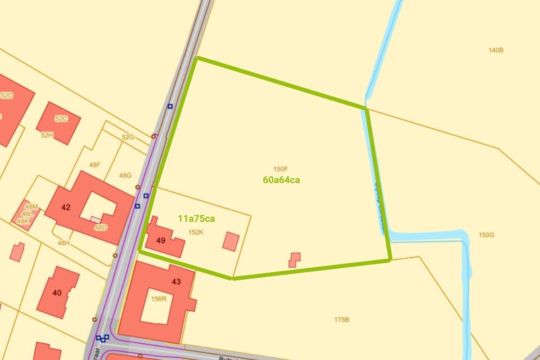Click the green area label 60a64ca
[281, 180]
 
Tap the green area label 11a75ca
[196, 219]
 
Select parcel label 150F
[280, 169]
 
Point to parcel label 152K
[196, 232]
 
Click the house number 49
[161, 240]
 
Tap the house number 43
[176, 282]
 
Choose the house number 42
[66, 207]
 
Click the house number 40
[57, 293]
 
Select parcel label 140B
[495, 50]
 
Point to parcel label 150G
[486, 235]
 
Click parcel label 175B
[342, 319]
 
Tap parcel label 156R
[159, 298]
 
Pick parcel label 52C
[61, 118]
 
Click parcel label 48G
[125, 175]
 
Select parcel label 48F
[94, 165]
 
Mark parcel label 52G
[128, 137]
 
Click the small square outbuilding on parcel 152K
[231, 241]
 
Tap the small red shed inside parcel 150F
[295, 260]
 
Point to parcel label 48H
[63, 243]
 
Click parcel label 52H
[47, 135]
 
